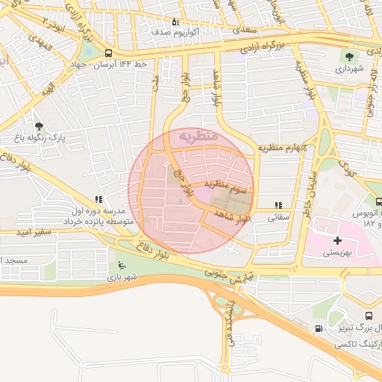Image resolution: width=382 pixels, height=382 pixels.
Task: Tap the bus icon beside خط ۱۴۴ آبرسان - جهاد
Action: click(x=109, y=53)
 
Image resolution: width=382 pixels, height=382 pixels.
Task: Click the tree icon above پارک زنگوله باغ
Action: click(x=39, y=126)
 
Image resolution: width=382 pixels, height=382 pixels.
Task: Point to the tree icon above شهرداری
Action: click(x=348, y=55)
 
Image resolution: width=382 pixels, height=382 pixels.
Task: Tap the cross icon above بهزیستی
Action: click(x=339, y=240)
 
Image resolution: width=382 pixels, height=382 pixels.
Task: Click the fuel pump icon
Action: click(x=319, y=328)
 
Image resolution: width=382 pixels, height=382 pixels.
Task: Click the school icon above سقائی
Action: click(x=278, y=205)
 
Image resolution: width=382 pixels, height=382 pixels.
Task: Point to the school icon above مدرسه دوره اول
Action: click(x=97, y=200)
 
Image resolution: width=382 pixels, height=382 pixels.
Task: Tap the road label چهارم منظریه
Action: click(x=282, y=148)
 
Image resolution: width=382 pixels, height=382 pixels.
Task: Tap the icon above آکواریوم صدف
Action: click(x=175, y=22)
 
